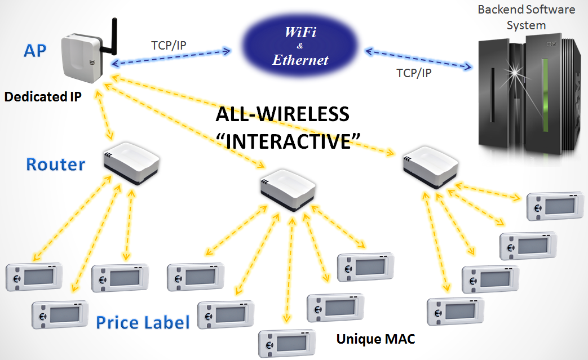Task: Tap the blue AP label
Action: coord(36,51)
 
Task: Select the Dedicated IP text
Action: coord(43,96)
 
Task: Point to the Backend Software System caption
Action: coord(526,17)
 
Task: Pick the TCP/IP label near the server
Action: coord(413,73)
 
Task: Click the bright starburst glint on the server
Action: coord(516,74)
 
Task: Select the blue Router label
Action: coord(56,164)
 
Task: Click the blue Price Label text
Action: coord(143,322)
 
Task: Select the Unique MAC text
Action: coord(375,339)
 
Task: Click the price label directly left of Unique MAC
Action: coord(285,342)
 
